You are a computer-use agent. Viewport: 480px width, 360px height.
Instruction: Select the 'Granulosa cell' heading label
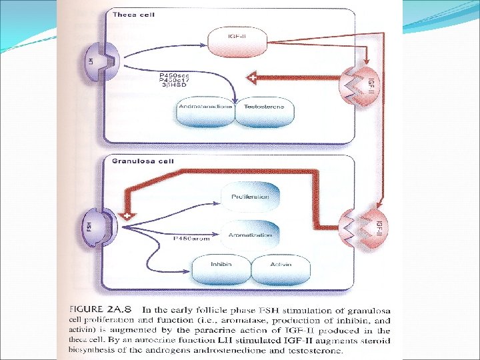point(123,161)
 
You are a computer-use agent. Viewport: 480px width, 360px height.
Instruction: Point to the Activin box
point(280,265)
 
